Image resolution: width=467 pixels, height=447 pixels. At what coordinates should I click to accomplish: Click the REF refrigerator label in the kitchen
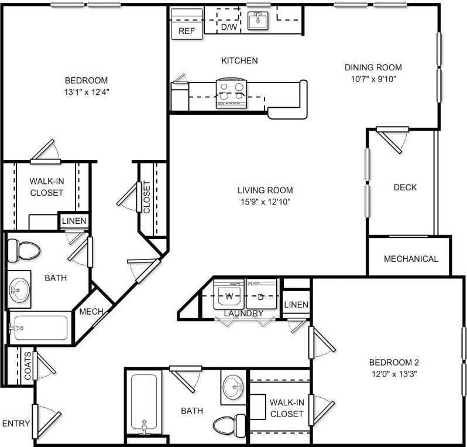pos(186,31)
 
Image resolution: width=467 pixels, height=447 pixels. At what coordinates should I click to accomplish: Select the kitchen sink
pos(257,21)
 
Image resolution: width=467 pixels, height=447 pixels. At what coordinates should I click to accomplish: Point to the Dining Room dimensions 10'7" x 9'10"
pos(373,79)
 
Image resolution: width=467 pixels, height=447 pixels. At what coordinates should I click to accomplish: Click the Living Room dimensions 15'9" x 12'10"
pos(265,202)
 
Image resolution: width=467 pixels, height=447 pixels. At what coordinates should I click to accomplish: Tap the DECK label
pos(405,187)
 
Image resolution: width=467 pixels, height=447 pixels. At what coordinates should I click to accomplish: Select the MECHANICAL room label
pos(411,259)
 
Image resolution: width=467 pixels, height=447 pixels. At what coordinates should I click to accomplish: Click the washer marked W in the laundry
pos(229,295)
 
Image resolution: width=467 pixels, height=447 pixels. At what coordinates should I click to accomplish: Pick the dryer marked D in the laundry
pos(261,295)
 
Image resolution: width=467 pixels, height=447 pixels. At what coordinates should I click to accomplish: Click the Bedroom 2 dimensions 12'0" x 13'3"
pos(393,373)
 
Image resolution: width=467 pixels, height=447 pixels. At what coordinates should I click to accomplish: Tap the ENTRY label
pos(16,423)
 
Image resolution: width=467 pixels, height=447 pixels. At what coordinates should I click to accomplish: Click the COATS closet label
pos(28,366)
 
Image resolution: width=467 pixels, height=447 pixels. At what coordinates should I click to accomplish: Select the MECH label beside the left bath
pos(91,312)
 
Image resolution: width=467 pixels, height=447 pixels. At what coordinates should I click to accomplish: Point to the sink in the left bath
pos(20,289)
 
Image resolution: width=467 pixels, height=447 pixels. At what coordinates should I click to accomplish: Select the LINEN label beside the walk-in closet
pos(74,221)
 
